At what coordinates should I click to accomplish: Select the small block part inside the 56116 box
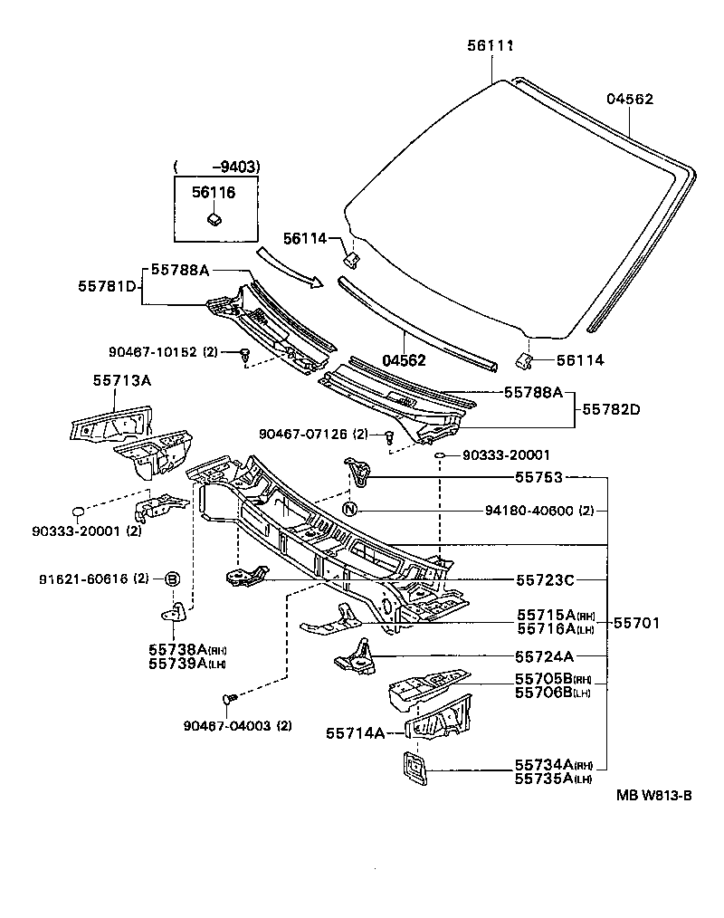point(214,218)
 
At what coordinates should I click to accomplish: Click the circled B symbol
point(171,579)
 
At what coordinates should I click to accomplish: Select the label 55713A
point(121,381)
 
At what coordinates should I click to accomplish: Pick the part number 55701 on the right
point(639,623)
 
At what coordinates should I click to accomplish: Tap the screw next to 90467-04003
point(229,699)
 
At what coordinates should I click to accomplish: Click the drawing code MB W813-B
point(654,796)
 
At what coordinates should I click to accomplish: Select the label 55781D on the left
point(108,285)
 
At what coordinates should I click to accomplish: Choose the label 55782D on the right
point(611,409)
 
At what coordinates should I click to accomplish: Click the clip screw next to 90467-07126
point(389,437)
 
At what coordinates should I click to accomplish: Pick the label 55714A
point(355,733)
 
